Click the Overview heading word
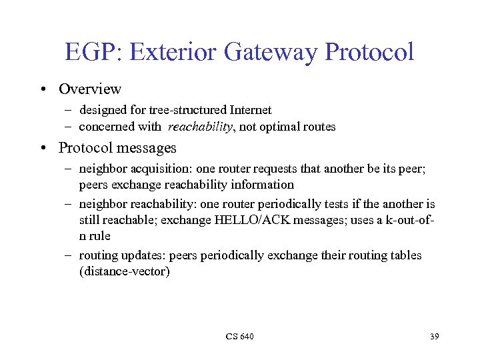click(90, 89)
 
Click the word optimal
click(279, 127)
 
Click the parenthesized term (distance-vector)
click(125, 272)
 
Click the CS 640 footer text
click(239, 336)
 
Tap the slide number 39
click(434, 336)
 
